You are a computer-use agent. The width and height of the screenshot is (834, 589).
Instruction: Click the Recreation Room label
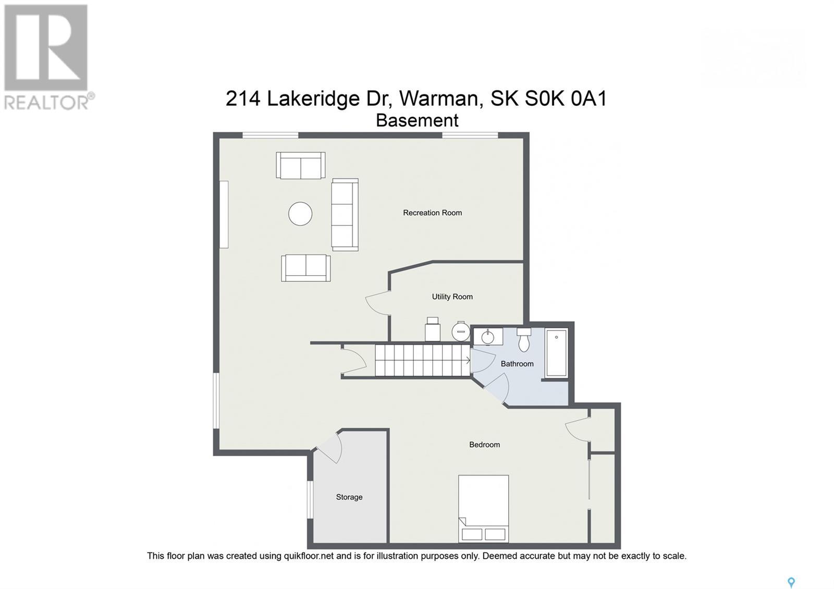(432, 213)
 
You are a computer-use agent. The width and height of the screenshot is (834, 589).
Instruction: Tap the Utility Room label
(452, 297)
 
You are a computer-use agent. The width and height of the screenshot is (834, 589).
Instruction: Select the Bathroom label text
(517, 364)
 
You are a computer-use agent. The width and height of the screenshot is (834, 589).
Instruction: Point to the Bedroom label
(484, 445)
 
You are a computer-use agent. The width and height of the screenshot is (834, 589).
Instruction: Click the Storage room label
(349, 497)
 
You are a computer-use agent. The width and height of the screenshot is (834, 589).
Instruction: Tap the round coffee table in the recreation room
(300, 214)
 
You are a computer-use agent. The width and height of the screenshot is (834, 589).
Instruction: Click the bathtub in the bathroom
(556, 353)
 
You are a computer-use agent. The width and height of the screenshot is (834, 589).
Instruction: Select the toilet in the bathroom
(524, 340)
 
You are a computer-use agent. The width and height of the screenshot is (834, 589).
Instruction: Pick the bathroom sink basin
(488, 337)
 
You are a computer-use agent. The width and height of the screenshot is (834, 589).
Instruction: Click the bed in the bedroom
(483, 508)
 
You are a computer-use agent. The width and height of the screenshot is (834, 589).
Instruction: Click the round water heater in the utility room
(461, 332)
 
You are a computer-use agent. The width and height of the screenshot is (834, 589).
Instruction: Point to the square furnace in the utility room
(433, 331)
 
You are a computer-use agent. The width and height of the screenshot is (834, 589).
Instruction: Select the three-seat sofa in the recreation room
(345, 215)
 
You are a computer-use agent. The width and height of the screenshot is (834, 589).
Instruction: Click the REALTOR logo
(47, 57)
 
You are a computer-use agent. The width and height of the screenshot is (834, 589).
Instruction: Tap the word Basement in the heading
(417, 120)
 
